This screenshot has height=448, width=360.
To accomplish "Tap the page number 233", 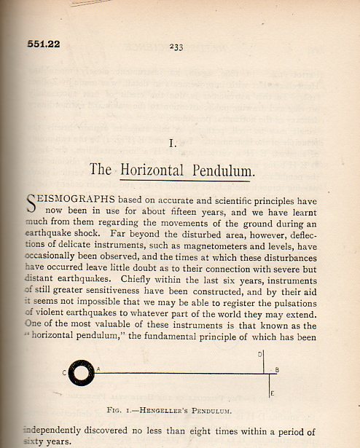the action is (176, 47).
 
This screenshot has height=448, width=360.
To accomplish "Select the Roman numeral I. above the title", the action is (172, 144).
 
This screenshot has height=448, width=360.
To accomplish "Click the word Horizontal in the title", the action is (156, 170).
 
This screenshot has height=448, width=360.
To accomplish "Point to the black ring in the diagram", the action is (81, 373).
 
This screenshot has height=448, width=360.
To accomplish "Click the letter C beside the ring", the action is (64, 374).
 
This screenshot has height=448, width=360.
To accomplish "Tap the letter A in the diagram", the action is (98, 369).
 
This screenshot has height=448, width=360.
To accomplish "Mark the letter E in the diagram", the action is (272, 394).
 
